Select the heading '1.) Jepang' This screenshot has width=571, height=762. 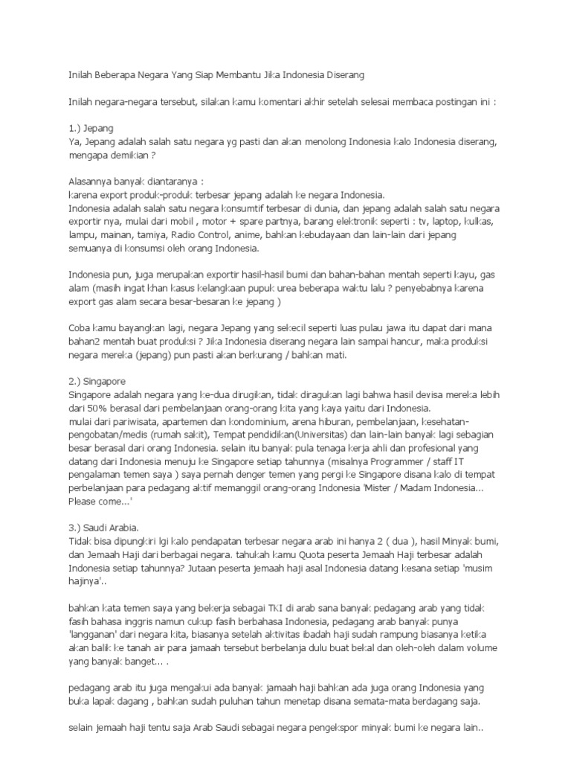point(91,128)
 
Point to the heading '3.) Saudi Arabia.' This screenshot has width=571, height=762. point(104,528)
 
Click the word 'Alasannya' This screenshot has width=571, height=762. point(91,181)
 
